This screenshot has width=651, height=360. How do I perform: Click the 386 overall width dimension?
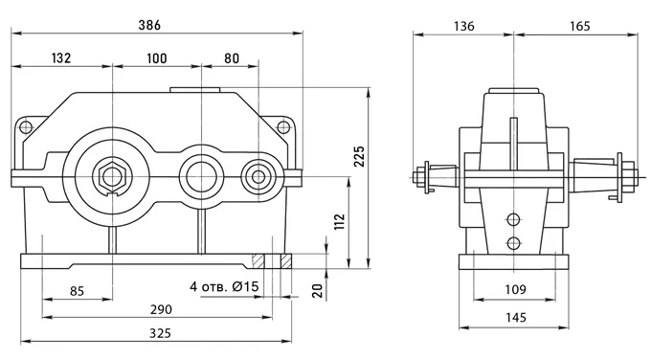[x=149, y=25]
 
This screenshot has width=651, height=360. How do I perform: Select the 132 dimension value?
[x=61, y=57]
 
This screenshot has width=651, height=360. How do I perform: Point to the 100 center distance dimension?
[x=156, y=58]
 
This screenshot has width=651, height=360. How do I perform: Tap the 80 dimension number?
[x=232, y=58]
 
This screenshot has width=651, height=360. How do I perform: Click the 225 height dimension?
[x=359, y=156]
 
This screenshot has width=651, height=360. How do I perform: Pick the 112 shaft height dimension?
[x=340, y=222]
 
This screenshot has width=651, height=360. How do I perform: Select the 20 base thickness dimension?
[x=318, y=291]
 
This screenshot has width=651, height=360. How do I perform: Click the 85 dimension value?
[x=77, y=291]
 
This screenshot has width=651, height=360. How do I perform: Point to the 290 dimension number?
[x=161, y=309]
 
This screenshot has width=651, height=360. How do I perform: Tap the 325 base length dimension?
[x=160, y=333]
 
